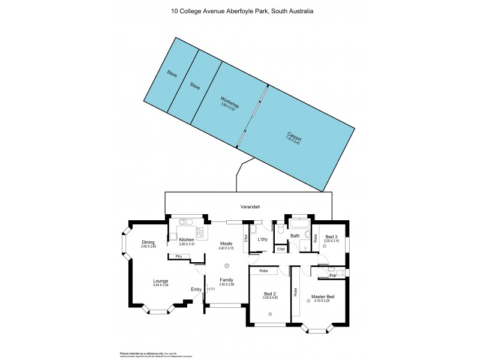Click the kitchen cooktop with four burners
(200, 232)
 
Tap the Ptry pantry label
(178, 257)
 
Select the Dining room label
(148, 242)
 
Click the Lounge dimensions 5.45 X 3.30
(160, 285)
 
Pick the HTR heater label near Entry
(211, 290)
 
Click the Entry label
(196, 290)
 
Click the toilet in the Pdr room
(339, 272)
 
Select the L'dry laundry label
(262, 239)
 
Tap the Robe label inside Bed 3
(316, 237)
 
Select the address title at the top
(240, 11)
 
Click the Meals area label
(226, 243)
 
